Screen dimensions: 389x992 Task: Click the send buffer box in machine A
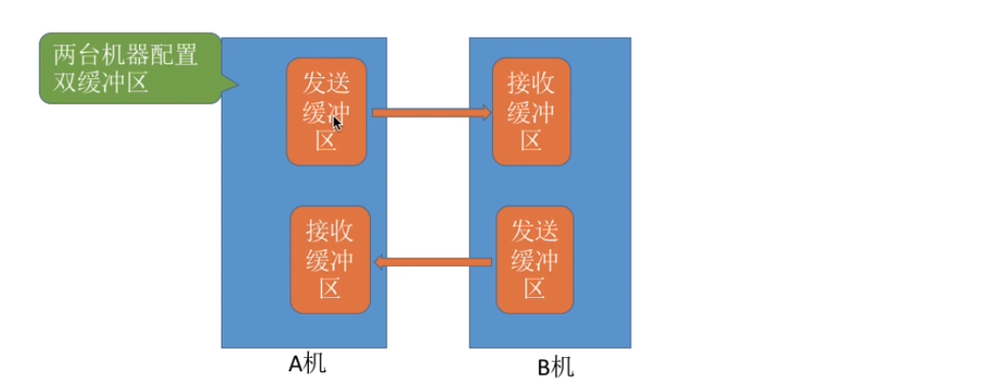coord(326,112)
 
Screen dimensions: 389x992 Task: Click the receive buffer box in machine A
coord(331,260)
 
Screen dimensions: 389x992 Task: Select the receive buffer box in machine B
coord(531,112)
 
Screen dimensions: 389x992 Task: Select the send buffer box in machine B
coord(535,260)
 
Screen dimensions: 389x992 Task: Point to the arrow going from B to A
coord(434,262)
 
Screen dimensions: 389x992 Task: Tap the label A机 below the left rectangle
coord(307,364)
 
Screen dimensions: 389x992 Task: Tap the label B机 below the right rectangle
coord(554,366)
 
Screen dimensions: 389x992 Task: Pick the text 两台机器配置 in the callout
coord(119,54)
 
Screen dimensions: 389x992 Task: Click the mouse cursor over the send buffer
coord(337,122)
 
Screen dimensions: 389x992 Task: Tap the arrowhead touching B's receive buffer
coord(486,113)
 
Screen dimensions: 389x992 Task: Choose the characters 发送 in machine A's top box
coord(326,83)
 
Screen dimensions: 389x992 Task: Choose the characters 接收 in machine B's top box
coord(531,83)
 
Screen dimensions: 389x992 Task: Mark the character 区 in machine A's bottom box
coord(331,288)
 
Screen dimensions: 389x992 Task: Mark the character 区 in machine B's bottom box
coord(535,288)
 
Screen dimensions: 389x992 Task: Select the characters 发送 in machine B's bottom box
coord(535,230)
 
